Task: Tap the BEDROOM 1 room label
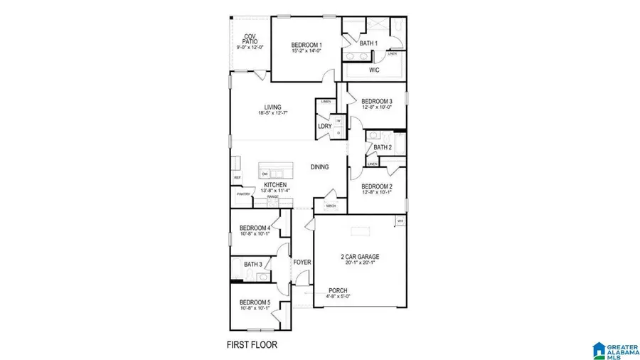pyautogui.click(x=306, y=46)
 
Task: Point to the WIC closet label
pyautogui.click(x=374, y=70)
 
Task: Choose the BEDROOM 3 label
pyautogui.click(x=377, y=102)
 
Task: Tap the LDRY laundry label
pyautogui.click(x=325, y=127)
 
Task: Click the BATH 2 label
pyautogui.click(x=382, y=148)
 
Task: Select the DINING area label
pyautogui.click(x=319, y=167)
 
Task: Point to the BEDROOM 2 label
pyautogui.click(x=377, y=186)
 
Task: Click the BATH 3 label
pyautogui.click(x=253, y=265)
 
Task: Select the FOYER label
pyautogui.click(x=303, y=263)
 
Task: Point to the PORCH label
pyautogui.click(x=338, y=290)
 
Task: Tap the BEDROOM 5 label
pyautogui.click(x=255, y=302)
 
